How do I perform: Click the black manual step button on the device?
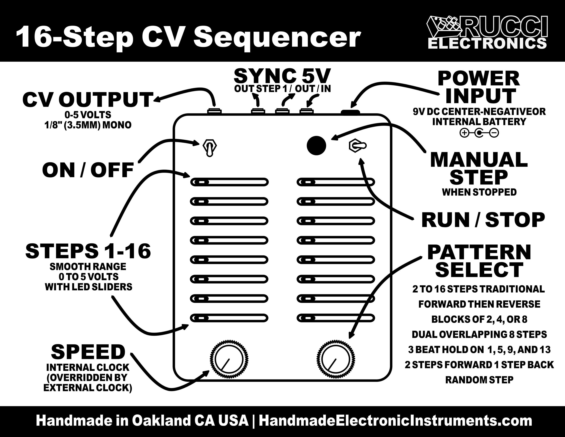(x=316, y=146)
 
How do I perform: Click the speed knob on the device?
(x=229, y=359)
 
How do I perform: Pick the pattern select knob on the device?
(x=336, y=359)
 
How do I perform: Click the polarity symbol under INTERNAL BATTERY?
(x=479, y=133)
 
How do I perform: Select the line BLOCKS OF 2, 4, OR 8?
(x=479, y=319)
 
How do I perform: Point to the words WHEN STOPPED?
(x=479, y=192)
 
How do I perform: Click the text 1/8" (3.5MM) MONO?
(x=88, y=125)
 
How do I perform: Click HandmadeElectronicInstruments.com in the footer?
(x=395, y=421)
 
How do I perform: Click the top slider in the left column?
(x=229, y=182)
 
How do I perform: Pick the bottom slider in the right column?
(x=336, y=318)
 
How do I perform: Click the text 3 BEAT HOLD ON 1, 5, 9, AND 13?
(x=479, y=350)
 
